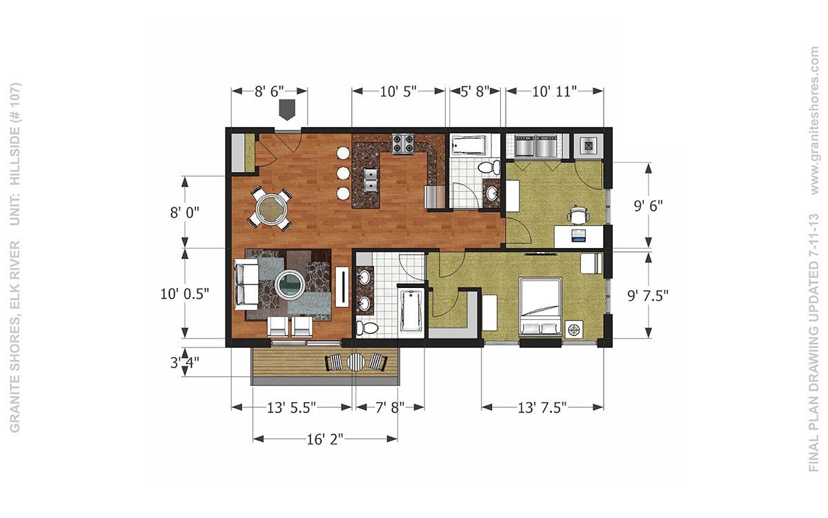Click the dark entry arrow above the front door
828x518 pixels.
point(286,110)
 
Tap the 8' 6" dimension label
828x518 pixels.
point(269,91)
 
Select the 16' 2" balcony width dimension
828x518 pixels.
point(325,439)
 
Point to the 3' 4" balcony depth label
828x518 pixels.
point(184,363)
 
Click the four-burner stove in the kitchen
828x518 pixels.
point(403,144)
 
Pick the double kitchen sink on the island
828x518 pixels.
point(370,180)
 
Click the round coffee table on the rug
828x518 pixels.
point(290,285)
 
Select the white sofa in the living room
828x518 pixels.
point(246,284)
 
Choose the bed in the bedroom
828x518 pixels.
point(540,307)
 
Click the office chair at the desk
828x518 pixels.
point(578,215)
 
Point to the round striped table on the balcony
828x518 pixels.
point(355,361)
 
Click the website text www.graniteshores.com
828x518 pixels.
point(814,121)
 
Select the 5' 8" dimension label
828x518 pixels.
point(475,91)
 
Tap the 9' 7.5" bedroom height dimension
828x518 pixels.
point(648,296)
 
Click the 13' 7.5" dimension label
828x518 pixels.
point(542,407)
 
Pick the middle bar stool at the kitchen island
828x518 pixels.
point(344,173)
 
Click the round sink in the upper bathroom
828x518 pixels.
point(492,193)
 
